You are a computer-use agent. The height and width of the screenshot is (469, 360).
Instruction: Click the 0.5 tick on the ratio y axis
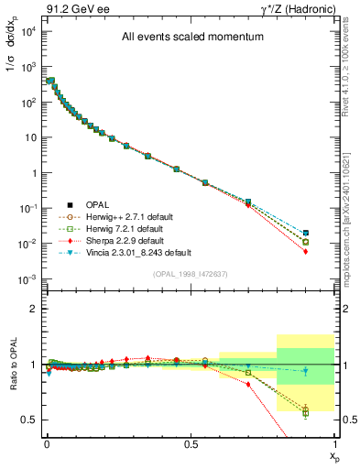(x=28, y=420)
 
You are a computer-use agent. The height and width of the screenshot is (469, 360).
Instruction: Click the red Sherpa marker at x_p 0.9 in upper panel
(x=305, y=251)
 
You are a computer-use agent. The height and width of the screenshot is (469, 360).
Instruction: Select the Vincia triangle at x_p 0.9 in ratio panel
(x=305, y=372)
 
